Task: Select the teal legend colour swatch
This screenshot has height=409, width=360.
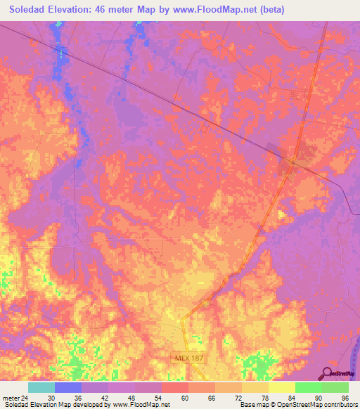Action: click(x=41, y=387)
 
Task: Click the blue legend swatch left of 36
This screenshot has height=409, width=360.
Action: click(x=67, y=387)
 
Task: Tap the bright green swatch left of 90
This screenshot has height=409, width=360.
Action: click(x=308, y=387)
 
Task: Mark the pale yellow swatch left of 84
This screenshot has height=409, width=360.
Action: click(x=281, y=387)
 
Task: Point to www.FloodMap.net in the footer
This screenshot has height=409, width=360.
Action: click(x=139, y=405)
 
